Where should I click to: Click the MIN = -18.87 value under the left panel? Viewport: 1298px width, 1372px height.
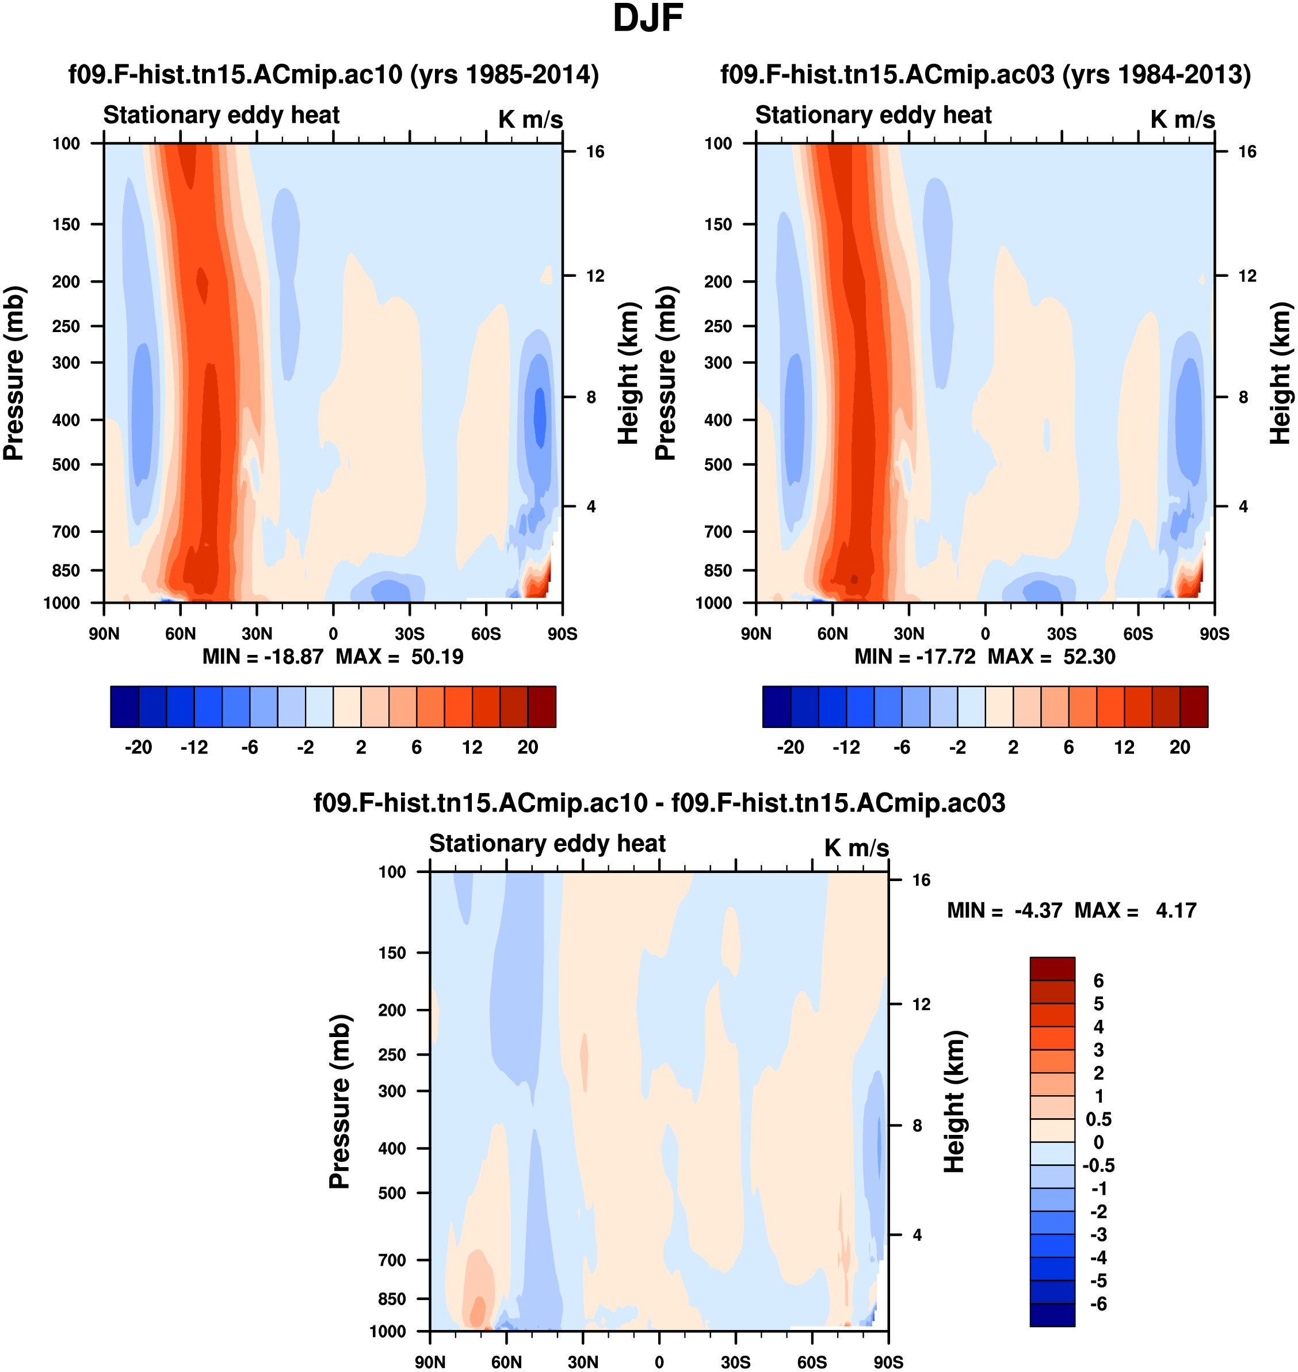pyautogui.click(x=263, y=656)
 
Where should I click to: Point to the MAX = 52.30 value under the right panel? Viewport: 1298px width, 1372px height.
pyautogui.click(x=1051, y=656)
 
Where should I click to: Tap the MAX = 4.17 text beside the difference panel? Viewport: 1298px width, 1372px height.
pyautogui.click(x=1135, y=910)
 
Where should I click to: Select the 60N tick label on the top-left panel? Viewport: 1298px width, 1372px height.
pyautogui.click(x=180, y=634)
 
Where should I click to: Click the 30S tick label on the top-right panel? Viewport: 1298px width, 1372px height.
pyautogui.click(x=1062, y=634)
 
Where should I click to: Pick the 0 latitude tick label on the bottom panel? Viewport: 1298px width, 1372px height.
pyautogui.click(x=659, y=1362)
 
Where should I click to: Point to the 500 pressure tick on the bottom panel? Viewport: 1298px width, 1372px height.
pyautogui.click(x=392, y=1192)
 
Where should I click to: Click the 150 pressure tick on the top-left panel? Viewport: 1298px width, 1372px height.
pyautogui.click(x=66, y=224)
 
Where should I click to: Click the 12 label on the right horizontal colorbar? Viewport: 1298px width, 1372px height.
pyautogui.click(x=1124, y=748)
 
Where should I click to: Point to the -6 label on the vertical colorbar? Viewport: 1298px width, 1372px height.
pyautogui.click(x=1098, y=1304)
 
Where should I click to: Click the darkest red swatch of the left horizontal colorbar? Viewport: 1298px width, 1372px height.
pyautogui.click(x=542, y=707)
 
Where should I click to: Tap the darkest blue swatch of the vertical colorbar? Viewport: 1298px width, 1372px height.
pyautogui.click(x=1052, y=1314)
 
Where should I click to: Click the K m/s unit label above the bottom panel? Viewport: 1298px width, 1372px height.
pyautogui.click(x=856, y=848)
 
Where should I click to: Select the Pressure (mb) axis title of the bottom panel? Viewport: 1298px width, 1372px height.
pyautogui.click(x=339, y=1100)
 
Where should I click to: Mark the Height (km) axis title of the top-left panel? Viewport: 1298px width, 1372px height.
pyautogui.click(x=627, y=374)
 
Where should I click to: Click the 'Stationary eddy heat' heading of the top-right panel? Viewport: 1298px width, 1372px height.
pyautogui.click(x=873, y=115)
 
